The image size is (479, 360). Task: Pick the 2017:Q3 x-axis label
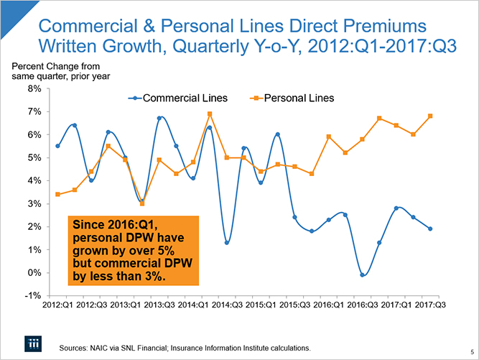click(x=431, y=305)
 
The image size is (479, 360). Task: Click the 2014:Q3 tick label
click(x=227, y=305)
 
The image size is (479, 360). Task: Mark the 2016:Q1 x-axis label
click(x=329, y=305)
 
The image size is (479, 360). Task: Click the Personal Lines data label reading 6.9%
click(x=210, y=114)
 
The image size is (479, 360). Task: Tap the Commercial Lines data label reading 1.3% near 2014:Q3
click(x=227, y=242)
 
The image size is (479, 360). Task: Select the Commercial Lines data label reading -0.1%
click(x=363, y=274)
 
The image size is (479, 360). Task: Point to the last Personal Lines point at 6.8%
click(x=430, y=116)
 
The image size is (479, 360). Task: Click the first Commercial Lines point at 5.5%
click(x=57, y=146)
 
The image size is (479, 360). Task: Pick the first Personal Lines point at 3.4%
click(x=57, y=194)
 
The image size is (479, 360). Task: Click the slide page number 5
click(x=471, y=351)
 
